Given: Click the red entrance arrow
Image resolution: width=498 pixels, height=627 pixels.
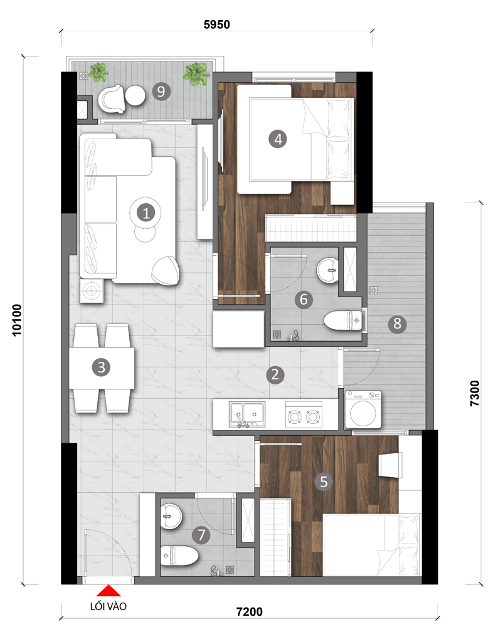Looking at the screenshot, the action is click(x=109, y=591).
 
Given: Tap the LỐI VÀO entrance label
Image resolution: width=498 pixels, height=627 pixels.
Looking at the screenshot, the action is click(x=108, y=606).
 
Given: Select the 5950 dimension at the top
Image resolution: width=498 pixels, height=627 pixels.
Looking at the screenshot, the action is click(x=217, y=24).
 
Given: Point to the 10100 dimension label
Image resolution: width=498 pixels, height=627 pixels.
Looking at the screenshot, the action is click(x=17, y=320).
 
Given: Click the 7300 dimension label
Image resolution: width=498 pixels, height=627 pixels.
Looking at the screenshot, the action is click(x=474, y=394).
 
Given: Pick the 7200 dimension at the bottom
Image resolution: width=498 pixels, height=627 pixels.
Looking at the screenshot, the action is click(x=249, y=611).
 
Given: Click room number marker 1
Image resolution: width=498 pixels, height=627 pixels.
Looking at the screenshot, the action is click(x=146, y=213).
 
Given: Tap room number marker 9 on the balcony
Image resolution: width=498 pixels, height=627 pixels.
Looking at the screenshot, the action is click(x=161, y=92).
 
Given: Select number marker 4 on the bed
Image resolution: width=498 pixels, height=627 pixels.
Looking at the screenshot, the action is click(x=278, y=139).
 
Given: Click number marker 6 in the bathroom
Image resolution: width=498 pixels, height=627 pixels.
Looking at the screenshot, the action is click(x=304, y=299).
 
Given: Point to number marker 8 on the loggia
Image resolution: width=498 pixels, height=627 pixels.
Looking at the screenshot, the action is click(x=397, y=323).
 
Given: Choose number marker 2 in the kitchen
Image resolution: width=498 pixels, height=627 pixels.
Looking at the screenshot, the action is click(x=275, y=375).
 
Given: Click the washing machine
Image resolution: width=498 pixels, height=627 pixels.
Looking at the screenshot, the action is click(x=363, y=409).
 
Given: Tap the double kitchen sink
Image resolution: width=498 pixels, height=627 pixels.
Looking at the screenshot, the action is click(x=246, y=414).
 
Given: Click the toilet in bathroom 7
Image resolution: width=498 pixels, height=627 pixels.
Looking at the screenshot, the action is click(x=179, y=556).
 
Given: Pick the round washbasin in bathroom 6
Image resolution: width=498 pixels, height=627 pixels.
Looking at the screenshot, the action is click(x=328, y=271).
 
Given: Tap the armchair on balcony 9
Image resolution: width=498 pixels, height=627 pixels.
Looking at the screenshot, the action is click(x=112, y=99).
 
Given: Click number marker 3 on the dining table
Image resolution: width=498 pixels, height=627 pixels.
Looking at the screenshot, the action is click(x=101, y=367).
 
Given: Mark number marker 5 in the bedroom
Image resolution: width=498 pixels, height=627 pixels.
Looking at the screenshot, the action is click(x=324, y=482).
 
